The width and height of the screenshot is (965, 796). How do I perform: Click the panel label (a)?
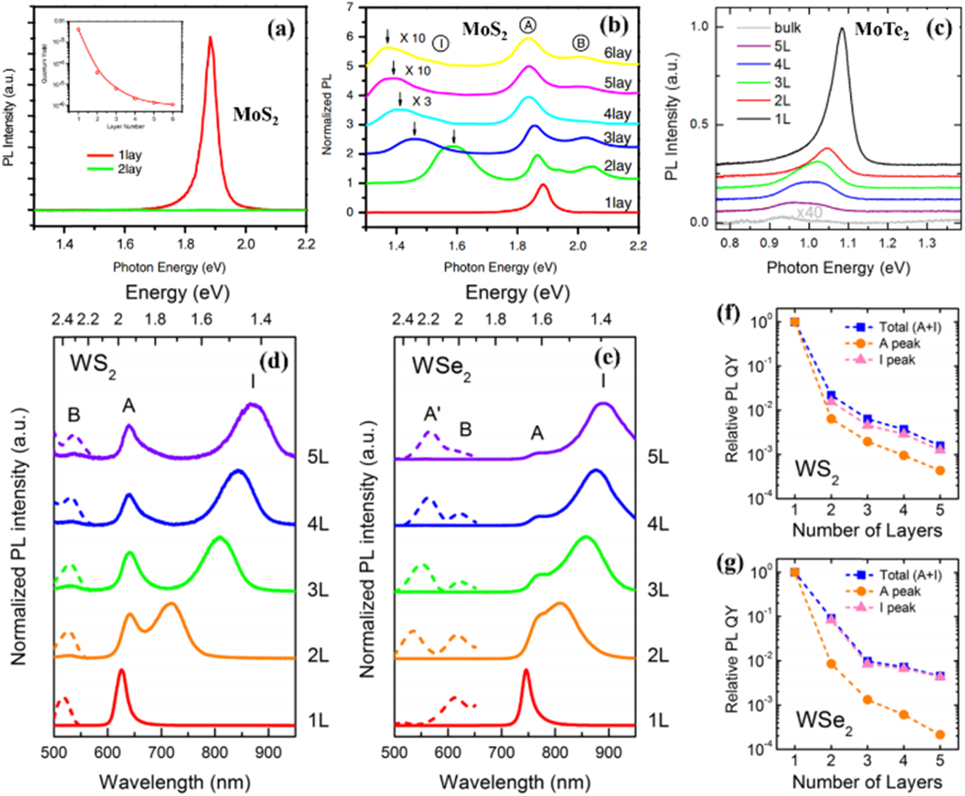coord(280,29)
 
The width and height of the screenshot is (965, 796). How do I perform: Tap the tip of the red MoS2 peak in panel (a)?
coord(210,38)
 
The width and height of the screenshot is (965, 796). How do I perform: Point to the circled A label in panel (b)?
coord(527,25)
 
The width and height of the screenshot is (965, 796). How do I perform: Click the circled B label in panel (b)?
coord(581,43)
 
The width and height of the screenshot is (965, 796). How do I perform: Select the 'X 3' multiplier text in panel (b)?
coord(421,101)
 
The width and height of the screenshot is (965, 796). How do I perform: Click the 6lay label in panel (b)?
coord(618,53)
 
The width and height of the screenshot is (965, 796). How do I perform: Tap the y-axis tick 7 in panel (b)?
coord(350,7)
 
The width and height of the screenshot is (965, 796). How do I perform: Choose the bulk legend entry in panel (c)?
coord(787,28)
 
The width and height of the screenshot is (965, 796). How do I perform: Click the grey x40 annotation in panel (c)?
coord(809,213)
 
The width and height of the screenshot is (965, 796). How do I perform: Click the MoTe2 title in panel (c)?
coord(881,29)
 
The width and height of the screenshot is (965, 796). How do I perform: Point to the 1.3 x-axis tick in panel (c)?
coord(926,243)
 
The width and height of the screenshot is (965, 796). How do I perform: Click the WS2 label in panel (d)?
coord(93,364)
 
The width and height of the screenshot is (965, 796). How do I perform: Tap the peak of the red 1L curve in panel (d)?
coord(121,671)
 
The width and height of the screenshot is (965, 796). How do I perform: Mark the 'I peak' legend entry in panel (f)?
coord(896,360)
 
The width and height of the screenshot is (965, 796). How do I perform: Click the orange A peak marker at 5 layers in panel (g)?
coord(940,735)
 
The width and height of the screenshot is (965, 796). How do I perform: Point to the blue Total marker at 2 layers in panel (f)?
coord(831,395)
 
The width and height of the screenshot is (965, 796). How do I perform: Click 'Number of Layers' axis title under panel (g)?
coord(867,782)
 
